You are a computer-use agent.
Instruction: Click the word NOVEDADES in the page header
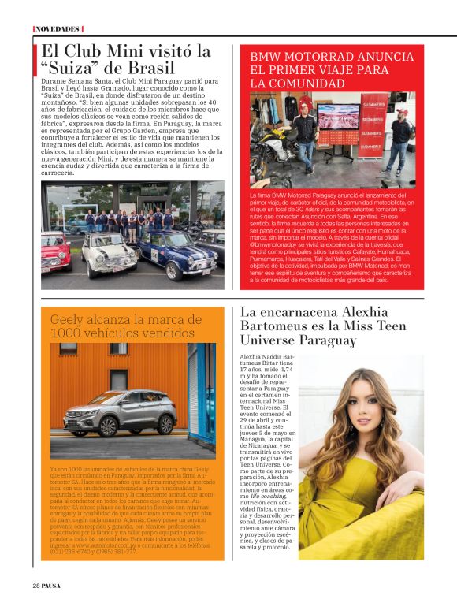(x=58, y=29)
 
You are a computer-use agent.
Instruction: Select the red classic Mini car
(x=54, y=251)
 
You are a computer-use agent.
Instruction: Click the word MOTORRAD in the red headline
(x=311, y=57)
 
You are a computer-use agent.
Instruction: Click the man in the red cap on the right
(x=399, y=139)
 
